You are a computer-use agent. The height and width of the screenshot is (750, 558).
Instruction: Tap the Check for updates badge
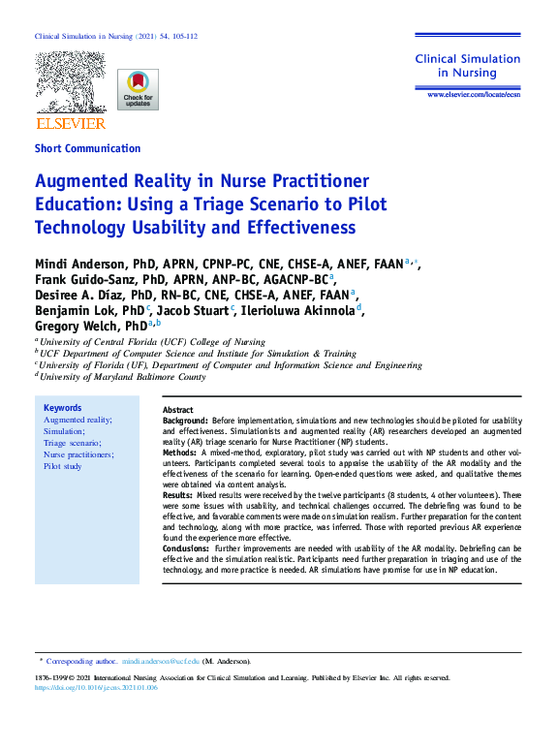pyautogui.click(x=138, y=89)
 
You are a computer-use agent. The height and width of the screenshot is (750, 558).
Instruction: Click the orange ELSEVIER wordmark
pyautogui.click(x=71, y=124)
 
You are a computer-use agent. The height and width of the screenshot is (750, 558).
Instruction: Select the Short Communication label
pyautogui.click(x=87, y=148)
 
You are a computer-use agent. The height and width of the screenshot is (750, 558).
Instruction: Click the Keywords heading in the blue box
pyautogui.click(x=63, y=408)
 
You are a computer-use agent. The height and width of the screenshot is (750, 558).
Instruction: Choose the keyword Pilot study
pyautogui.click(x=63, y=466)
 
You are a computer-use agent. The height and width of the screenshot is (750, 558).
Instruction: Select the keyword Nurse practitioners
pyautogui.click(x=78, y=454)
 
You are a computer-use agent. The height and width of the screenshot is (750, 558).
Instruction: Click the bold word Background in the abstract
pyautogui.click(x=185, y=422)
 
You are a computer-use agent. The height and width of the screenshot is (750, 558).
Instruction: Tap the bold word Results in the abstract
pyautogui.click(x=179, y=495)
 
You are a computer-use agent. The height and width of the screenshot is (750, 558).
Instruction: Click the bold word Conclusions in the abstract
pyautogui.click(x=186, y=548)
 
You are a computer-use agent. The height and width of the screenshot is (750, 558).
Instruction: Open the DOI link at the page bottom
pyautogui.click(x=94, y=688)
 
